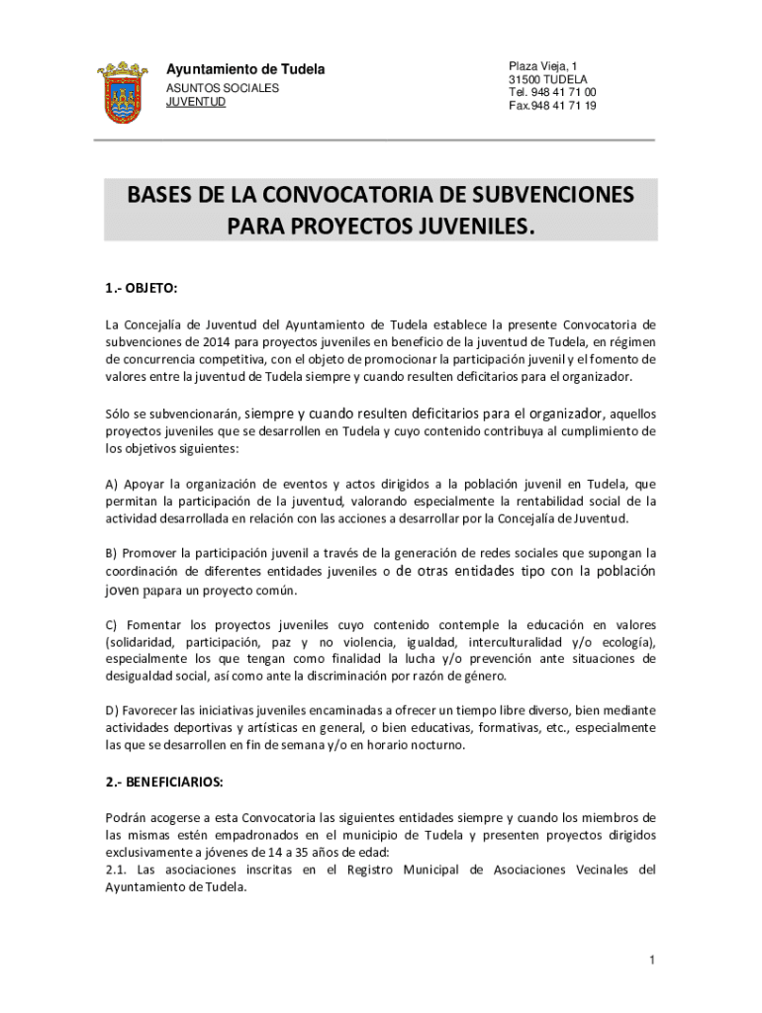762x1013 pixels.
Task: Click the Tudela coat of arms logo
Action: (122, 92)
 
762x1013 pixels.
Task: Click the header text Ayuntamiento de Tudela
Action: (245, 69)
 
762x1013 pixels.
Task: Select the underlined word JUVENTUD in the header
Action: (196, 102)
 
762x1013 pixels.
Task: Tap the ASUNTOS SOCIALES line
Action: (223, 88)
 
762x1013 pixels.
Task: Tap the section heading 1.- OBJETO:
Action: (142, 289)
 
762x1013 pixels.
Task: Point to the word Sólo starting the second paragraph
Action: (119, 414)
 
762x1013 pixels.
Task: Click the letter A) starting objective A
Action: (112, 484)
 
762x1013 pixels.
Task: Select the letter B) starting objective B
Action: (112, 553)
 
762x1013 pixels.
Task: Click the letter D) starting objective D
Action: (112, 710)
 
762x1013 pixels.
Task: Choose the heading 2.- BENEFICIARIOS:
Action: (164, 782)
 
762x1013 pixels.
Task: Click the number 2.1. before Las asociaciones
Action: (117, 870)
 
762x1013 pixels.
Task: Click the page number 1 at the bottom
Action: (653, 960)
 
